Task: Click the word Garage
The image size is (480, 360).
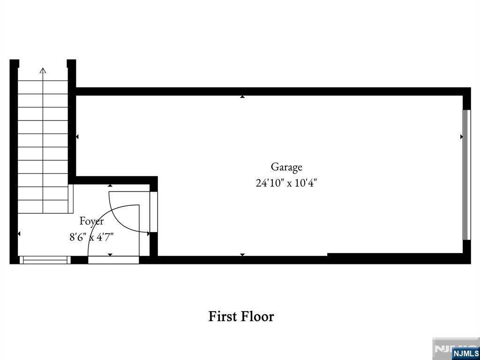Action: [286, 167]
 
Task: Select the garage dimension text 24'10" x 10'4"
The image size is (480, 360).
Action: [286, 183]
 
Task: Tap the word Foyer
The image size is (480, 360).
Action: [91, 221]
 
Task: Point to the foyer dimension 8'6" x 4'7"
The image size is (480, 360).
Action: [91, 237]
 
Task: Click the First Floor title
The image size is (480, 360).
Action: [241, 316]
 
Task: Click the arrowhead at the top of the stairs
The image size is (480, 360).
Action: [43, 71]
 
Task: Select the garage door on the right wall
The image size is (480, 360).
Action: [466, 175]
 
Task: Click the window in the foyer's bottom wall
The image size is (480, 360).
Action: [45, 260]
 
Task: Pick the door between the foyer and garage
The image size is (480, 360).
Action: [154, 212]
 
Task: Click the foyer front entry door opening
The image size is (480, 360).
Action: [113, 260]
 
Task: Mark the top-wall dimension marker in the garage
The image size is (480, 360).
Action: [242, 97]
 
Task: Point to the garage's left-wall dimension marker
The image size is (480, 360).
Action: [77, 137]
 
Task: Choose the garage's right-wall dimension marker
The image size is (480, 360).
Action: [461, 137]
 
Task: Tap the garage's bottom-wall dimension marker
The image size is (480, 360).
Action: [242, 255]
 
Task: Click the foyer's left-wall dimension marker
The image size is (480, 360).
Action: [19, 233]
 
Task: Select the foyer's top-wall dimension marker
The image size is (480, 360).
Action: [110, 186]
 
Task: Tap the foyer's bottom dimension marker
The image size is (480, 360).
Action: [110, 255]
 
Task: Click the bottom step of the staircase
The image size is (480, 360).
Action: [43, 207]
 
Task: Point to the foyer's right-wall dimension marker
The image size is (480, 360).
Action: [149, 233]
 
